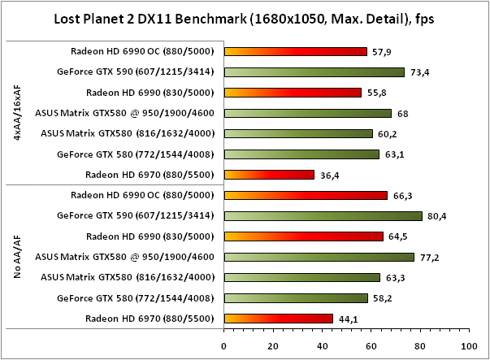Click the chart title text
coord(245,17)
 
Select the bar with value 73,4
coord(314,72)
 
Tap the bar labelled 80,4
coord(323,215)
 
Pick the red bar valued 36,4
coord(268,174)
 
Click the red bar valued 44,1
coord(278,318)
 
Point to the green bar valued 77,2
coord(319,257)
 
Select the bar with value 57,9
coord(295,51)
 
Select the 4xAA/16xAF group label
coord(18,113)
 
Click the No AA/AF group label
coord(18,257)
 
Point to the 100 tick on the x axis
coord(466,345)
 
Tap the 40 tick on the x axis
coord(321,345)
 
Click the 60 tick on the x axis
coord(370,345)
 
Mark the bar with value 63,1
coord(301,154)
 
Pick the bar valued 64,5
coord(303,236)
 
